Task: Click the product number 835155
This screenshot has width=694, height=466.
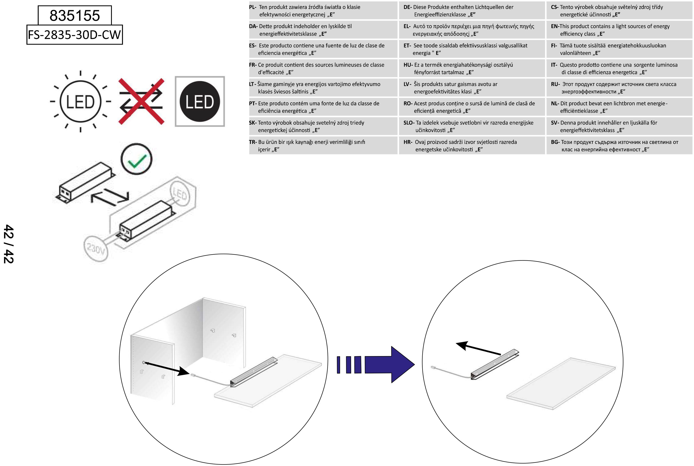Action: [x=75, y=15]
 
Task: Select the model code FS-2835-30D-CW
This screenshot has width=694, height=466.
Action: [x=74, y=35]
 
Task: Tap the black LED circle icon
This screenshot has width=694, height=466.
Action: [x=200, y=101]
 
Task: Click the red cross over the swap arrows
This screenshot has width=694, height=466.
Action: [x=141, y=101]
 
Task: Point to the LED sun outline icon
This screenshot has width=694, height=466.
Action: [x=80, y=101]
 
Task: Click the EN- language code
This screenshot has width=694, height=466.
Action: [x=555, y=26]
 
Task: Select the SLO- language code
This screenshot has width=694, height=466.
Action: [x=409, y=123]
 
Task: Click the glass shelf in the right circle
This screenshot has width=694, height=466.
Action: [x=561, y=384]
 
